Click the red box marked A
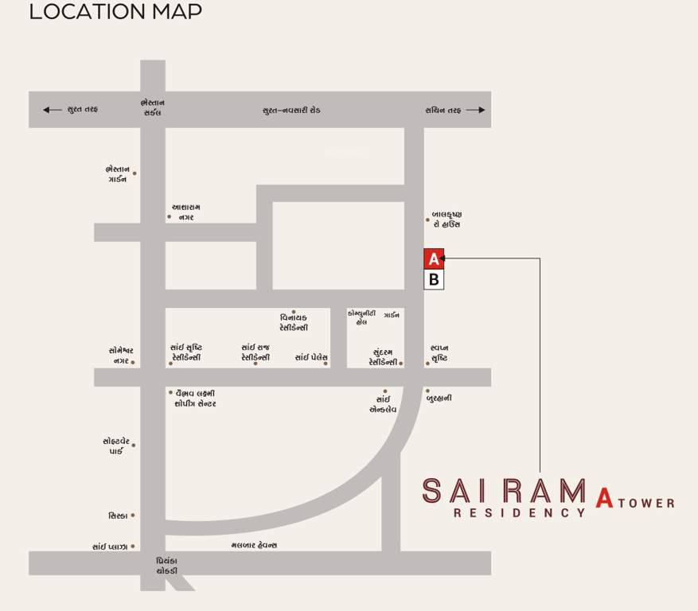pos(434,259)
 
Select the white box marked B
pos(434,279)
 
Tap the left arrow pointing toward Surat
pos(52,110)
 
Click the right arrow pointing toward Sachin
pos(476,110)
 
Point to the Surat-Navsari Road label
pos(291,110)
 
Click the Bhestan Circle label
pos(151,107)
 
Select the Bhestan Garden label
pos(116,173)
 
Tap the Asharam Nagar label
pos(185,212)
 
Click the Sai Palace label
pos(311,358)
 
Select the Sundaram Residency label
pos(382,356)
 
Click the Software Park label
pos(116,446)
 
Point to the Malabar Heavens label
pos(254,545)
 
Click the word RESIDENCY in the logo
pos(519,513)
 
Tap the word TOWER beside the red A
pos(646,503)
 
